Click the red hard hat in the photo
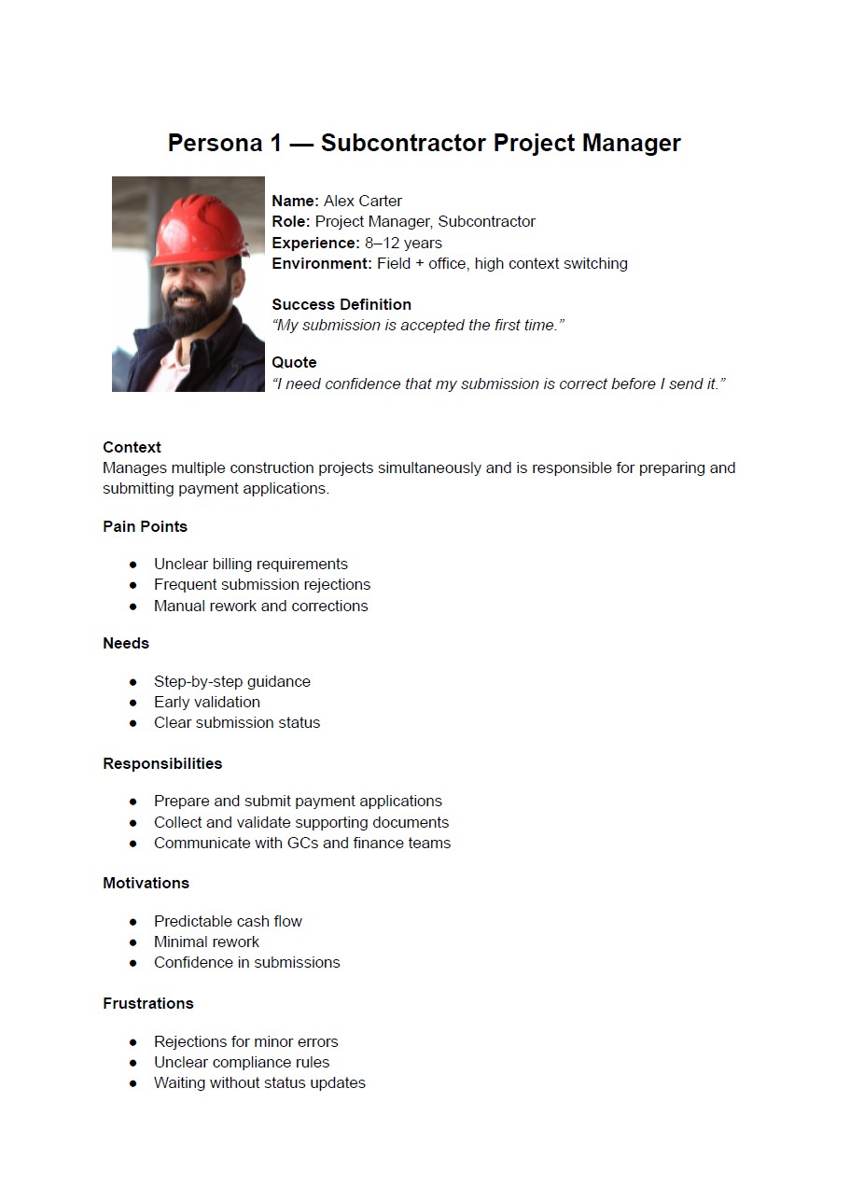[x=198, y=230]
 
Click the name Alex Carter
[x=363, y=201]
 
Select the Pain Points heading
[x=145, y=526]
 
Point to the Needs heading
[x=126, y=643]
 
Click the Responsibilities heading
[x=162, y=763]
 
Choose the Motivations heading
[x=146, y=883]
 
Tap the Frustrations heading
[x=148, y=1003]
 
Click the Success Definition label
[x=341, y=304]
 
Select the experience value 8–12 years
[x=403, y=243]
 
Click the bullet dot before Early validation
[x=133, y=702]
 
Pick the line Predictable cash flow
[x=228, y=921]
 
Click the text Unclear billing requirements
[x=250, y=564]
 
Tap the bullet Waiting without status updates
[x=259, y=1082]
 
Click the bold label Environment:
[x=322, y=263]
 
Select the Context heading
[x=132, y=447]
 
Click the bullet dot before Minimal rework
[x=133, y=942]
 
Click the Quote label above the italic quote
[x=294, y=362]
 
